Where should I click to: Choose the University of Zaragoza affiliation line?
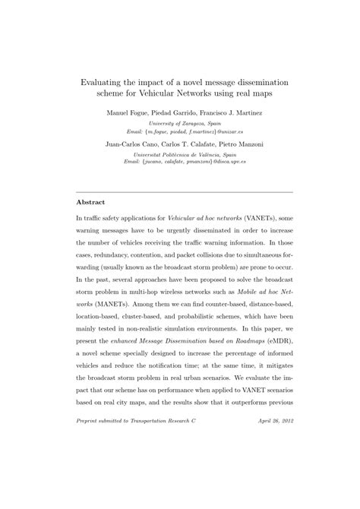point(180,123)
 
